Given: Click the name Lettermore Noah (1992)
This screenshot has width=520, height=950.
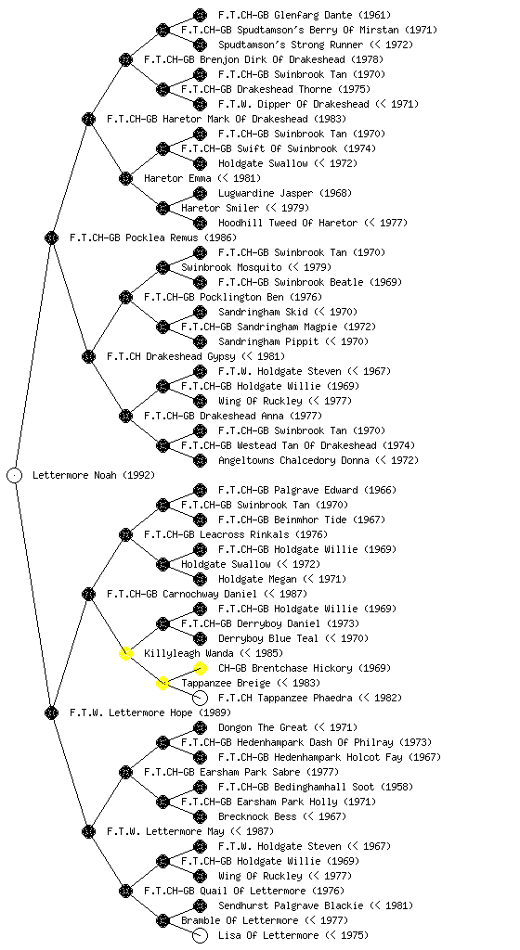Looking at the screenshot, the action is [94, 475].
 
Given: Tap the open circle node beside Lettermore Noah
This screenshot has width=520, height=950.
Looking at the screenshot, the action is [15, 475].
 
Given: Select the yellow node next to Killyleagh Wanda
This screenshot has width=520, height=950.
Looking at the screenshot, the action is [125, 653].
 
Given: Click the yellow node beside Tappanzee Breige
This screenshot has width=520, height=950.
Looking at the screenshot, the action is [162, 683].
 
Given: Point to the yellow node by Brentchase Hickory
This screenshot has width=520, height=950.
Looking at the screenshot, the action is [200, 668].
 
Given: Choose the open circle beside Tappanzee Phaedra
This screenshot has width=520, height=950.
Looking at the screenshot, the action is [200, 698].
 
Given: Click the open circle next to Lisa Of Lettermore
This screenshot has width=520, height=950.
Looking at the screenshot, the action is [200, 935].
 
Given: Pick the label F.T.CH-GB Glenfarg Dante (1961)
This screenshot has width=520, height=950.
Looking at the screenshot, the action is [305, 15].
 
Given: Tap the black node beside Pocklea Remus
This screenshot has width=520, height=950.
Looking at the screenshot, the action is [51, 237].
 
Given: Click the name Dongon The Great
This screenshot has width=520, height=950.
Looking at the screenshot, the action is [263, 727].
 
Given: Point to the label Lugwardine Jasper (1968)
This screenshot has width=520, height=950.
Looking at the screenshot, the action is [285, 193].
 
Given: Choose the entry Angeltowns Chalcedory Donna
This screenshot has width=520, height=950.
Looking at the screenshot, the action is [293, 460].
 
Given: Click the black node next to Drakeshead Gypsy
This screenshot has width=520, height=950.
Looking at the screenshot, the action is [88, 356].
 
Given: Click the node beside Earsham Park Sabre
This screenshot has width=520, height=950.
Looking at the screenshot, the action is [125, 772].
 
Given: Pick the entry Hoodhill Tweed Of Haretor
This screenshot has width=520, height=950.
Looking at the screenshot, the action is [288, 223].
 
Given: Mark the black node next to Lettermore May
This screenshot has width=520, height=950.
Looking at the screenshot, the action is [88, 831].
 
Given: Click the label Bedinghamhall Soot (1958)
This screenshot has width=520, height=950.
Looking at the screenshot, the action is [316, 787].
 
